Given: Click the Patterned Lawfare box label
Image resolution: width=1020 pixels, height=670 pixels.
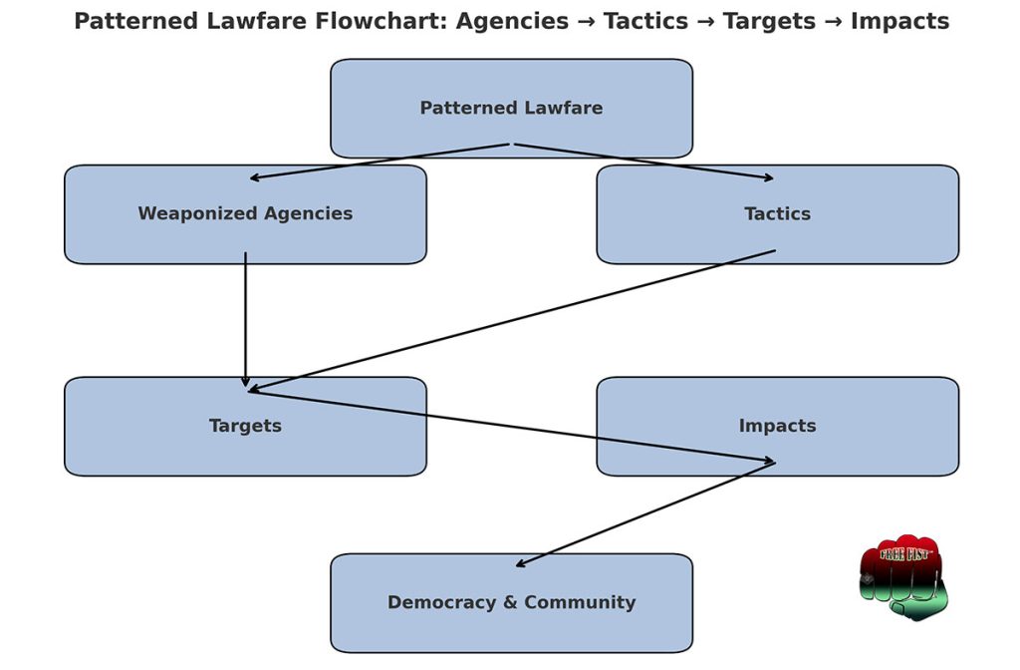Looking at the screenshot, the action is (511, 108).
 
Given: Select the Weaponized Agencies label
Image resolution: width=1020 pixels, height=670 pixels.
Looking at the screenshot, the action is (245, 214).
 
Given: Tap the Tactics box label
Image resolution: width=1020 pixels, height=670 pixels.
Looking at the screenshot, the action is (777, 214).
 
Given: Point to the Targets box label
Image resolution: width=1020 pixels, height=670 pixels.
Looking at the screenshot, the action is (245, 427).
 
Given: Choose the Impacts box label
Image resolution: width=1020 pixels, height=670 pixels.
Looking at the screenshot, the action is (777, 427).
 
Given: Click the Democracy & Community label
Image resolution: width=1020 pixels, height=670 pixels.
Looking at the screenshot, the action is (511, 603).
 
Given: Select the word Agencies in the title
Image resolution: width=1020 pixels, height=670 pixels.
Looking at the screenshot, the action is (512, 22).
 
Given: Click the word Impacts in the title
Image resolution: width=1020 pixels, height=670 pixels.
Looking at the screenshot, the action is (899, 22).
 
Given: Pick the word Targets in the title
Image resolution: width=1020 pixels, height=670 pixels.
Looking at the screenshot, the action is (769, 22).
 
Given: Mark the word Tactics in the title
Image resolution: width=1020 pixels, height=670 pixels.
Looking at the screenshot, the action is (645, 22).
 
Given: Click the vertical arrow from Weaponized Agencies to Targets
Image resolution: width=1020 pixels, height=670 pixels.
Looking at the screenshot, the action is (245, 320).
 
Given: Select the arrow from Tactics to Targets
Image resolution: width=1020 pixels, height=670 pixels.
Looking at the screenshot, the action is (512, 320).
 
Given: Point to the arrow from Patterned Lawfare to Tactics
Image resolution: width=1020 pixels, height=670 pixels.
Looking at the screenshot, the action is (644, 161).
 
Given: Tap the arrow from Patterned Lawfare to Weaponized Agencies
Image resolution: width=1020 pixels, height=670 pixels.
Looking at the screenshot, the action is (380, 161).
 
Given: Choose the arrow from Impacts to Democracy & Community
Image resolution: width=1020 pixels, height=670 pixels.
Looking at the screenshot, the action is (645, 514).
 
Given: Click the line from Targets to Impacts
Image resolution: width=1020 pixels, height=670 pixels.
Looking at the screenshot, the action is (512, 427).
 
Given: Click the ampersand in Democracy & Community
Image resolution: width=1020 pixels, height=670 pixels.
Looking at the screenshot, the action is (511, 603).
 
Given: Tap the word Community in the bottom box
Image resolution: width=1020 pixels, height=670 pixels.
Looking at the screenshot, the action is (580, 603).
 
